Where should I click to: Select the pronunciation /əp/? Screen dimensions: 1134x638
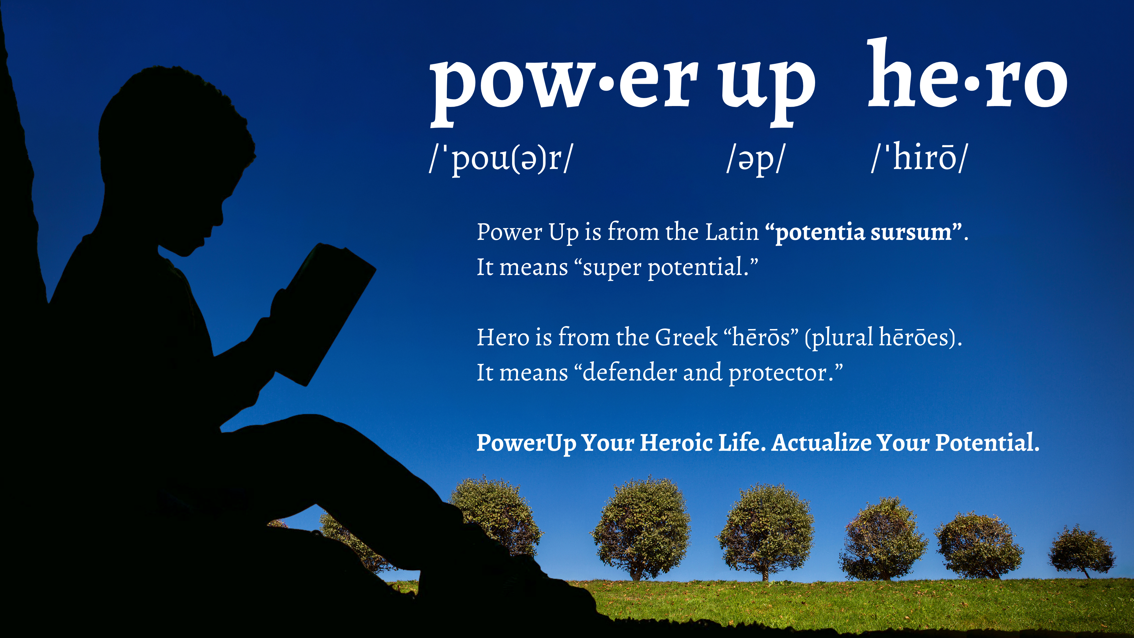tap(755, 159)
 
